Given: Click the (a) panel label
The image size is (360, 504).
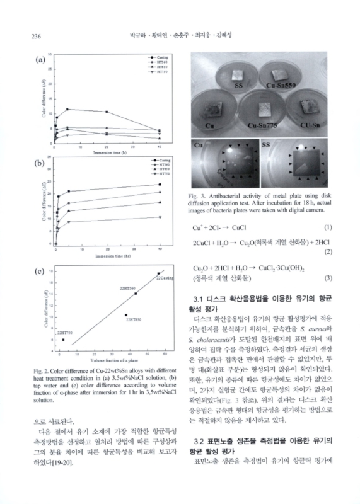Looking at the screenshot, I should click(x=40, y=61).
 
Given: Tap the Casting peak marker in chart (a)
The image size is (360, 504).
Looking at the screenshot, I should click(x=67, y=109).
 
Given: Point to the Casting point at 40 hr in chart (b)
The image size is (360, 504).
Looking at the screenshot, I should click(x=160, y=185).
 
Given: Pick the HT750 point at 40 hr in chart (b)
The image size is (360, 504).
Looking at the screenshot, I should click(x=160, y=217).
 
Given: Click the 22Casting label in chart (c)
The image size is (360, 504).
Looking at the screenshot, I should click(x=165, y=278).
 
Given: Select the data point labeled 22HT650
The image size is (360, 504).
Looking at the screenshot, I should click(x=125, y=315).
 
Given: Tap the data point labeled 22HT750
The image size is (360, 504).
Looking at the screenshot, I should click(x=63, y=340).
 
